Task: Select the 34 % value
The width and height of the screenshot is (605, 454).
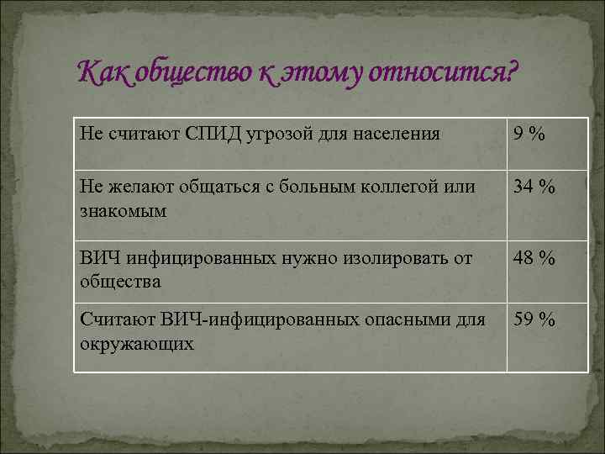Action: [534, 187]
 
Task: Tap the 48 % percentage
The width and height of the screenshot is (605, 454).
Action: [534, 259]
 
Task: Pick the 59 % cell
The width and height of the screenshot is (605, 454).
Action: [534, 320]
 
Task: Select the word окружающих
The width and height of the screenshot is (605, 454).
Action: [137, 343]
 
